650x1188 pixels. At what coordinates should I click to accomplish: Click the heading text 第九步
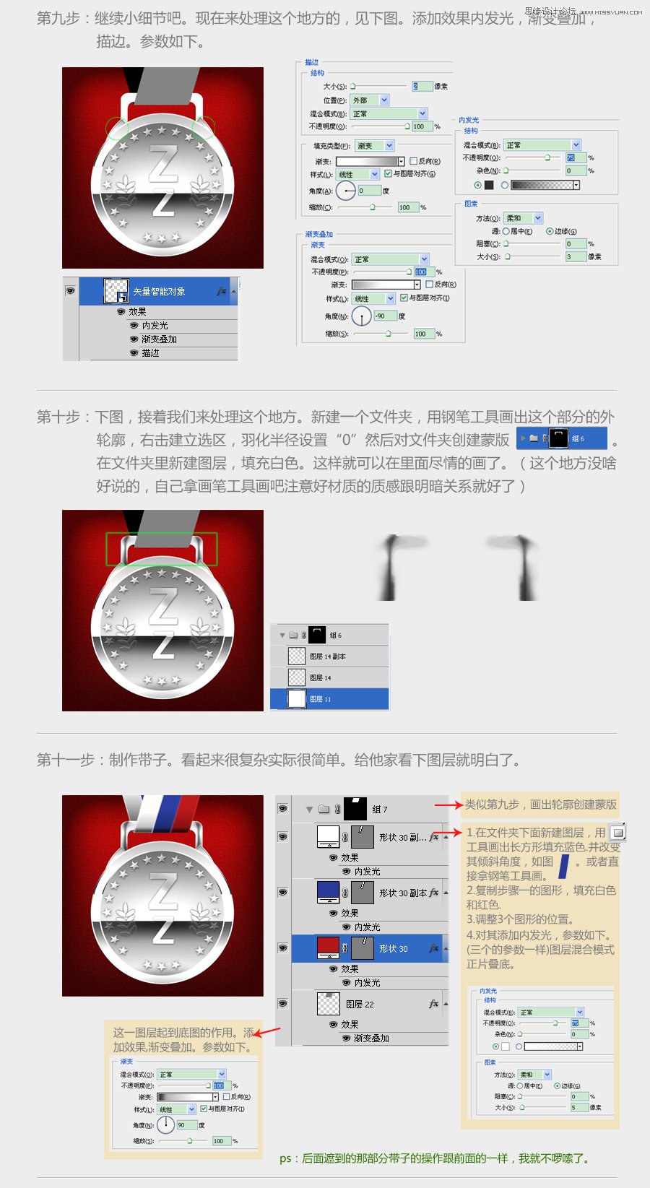tap(58, 18)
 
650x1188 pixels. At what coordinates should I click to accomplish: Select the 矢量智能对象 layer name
tap(159, 292)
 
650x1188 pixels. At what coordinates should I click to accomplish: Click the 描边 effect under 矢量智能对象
tap(150, 353)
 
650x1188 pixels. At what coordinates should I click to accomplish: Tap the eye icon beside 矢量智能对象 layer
tap(70, 291)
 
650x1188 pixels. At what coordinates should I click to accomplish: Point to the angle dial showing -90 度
tap(361, 316)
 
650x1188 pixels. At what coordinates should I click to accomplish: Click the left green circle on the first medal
tap(116, 128)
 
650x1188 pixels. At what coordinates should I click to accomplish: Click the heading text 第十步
tap(58, 417)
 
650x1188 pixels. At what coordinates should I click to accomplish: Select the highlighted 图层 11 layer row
tap(329, 699)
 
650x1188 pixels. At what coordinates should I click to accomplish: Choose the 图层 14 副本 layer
tap(328, 656)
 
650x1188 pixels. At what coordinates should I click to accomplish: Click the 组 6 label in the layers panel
tap(336, 636)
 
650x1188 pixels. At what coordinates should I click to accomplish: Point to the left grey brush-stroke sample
tap(391, 567)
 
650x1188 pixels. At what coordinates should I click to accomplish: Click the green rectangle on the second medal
tap(162, 550)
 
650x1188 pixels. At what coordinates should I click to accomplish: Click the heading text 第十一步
tap(66, 760)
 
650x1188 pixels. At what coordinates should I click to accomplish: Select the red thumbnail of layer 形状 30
tap(328, 948)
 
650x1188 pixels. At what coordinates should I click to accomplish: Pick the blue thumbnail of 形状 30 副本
tap(328, 893)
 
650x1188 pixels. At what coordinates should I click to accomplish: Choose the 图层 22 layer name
tap(360, 1005)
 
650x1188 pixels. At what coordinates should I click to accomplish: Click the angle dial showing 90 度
tap(165, 1125)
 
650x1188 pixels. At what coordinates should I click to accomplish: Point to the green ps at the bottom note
tap(285, 1158)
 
